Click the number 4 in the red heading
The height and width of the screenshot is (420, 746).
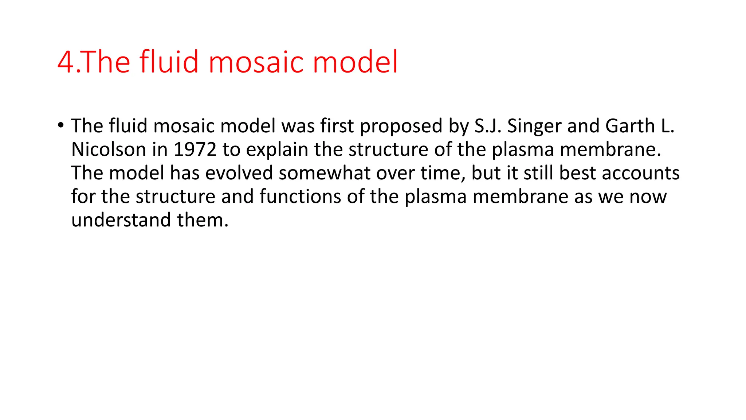(66, 62)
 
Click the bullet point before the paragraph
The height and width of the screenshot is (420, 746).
(60, 125)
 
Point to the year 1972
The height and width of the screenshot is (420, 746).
(195, 149)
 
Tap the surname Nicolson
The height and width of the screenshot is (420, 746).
(109, 149)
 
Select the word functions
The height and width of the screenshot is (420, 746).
(300, 197)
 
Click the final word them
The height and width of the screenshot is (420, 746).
(203, 220)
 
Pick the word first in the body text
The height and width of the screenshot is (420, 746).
(337, 126)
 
